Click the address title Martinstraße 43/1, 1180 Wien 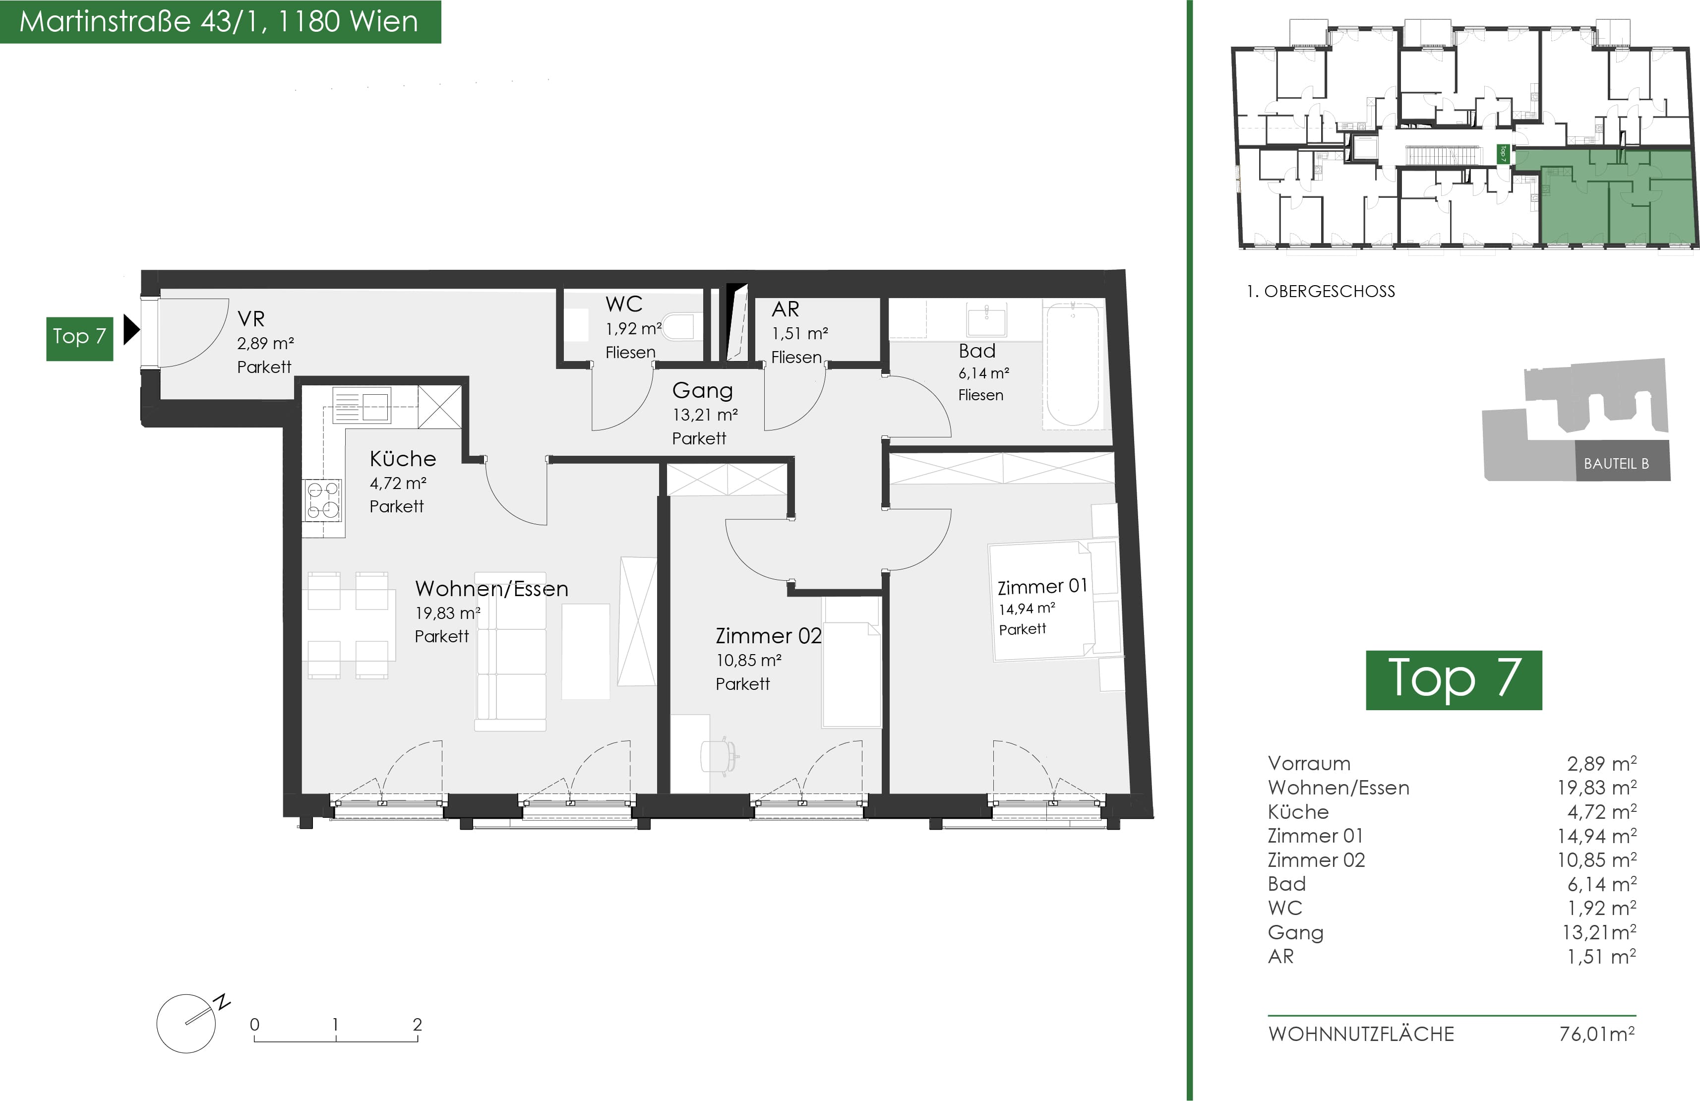tap(219, 21)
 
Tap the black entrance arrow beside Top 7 tap(131, 330)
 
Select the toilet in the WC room tap(678, 326)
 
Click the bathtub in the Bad tap(1072, 365)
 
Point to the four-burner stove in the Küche tap(322, 499)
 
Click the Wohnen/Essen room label tap(491, 589)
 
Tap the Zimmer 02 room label tap(769, 636)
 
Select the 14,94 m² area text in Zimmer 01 tap(1027, 609)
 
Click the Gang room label tap(702, 391)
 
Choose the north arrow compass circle tap(185, 1023)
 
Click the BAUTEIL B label tap(1616, 464)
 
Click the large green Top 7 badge tap(1454, 679)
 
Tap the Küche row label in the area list tap(1298, 812)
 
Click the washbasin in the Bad tap(986, 319)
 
